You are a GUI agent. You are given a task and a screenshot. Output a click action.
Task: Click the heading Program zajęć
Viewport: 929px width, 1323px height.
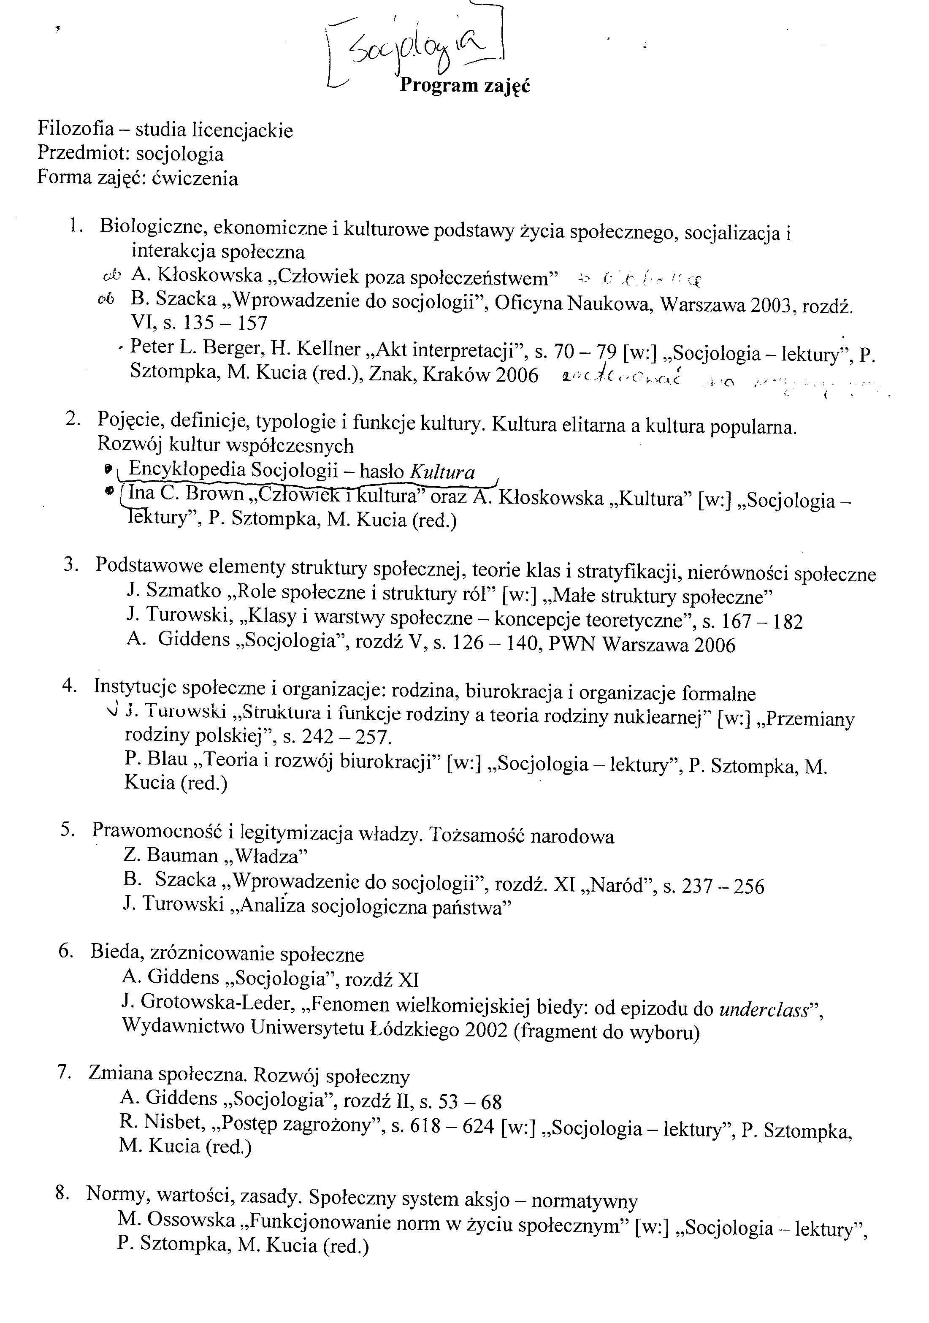pos(464,85)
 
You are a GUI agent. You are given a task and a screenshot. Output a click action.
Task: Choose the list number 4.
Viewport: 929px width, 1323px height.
pos(69,686)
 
